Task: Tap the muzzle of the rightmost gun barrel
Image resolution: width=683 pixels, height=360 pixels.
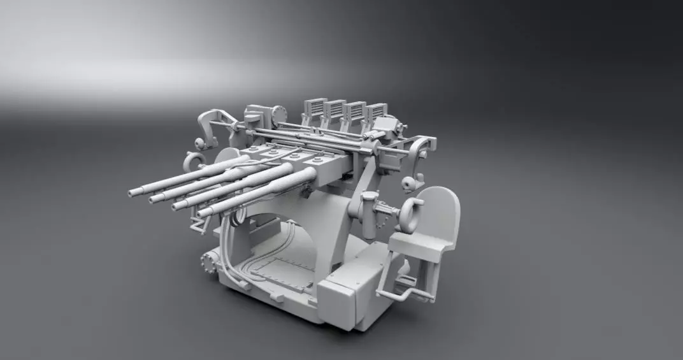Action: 203,213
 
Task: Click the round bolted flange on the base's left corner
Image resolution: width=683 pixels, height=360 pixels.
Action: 208,263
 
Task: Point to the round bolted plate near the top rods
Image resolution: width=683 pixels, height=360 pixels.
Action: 278,115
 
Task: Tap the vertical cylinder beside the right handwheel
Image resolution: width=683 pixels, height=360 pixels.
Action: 368,213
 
